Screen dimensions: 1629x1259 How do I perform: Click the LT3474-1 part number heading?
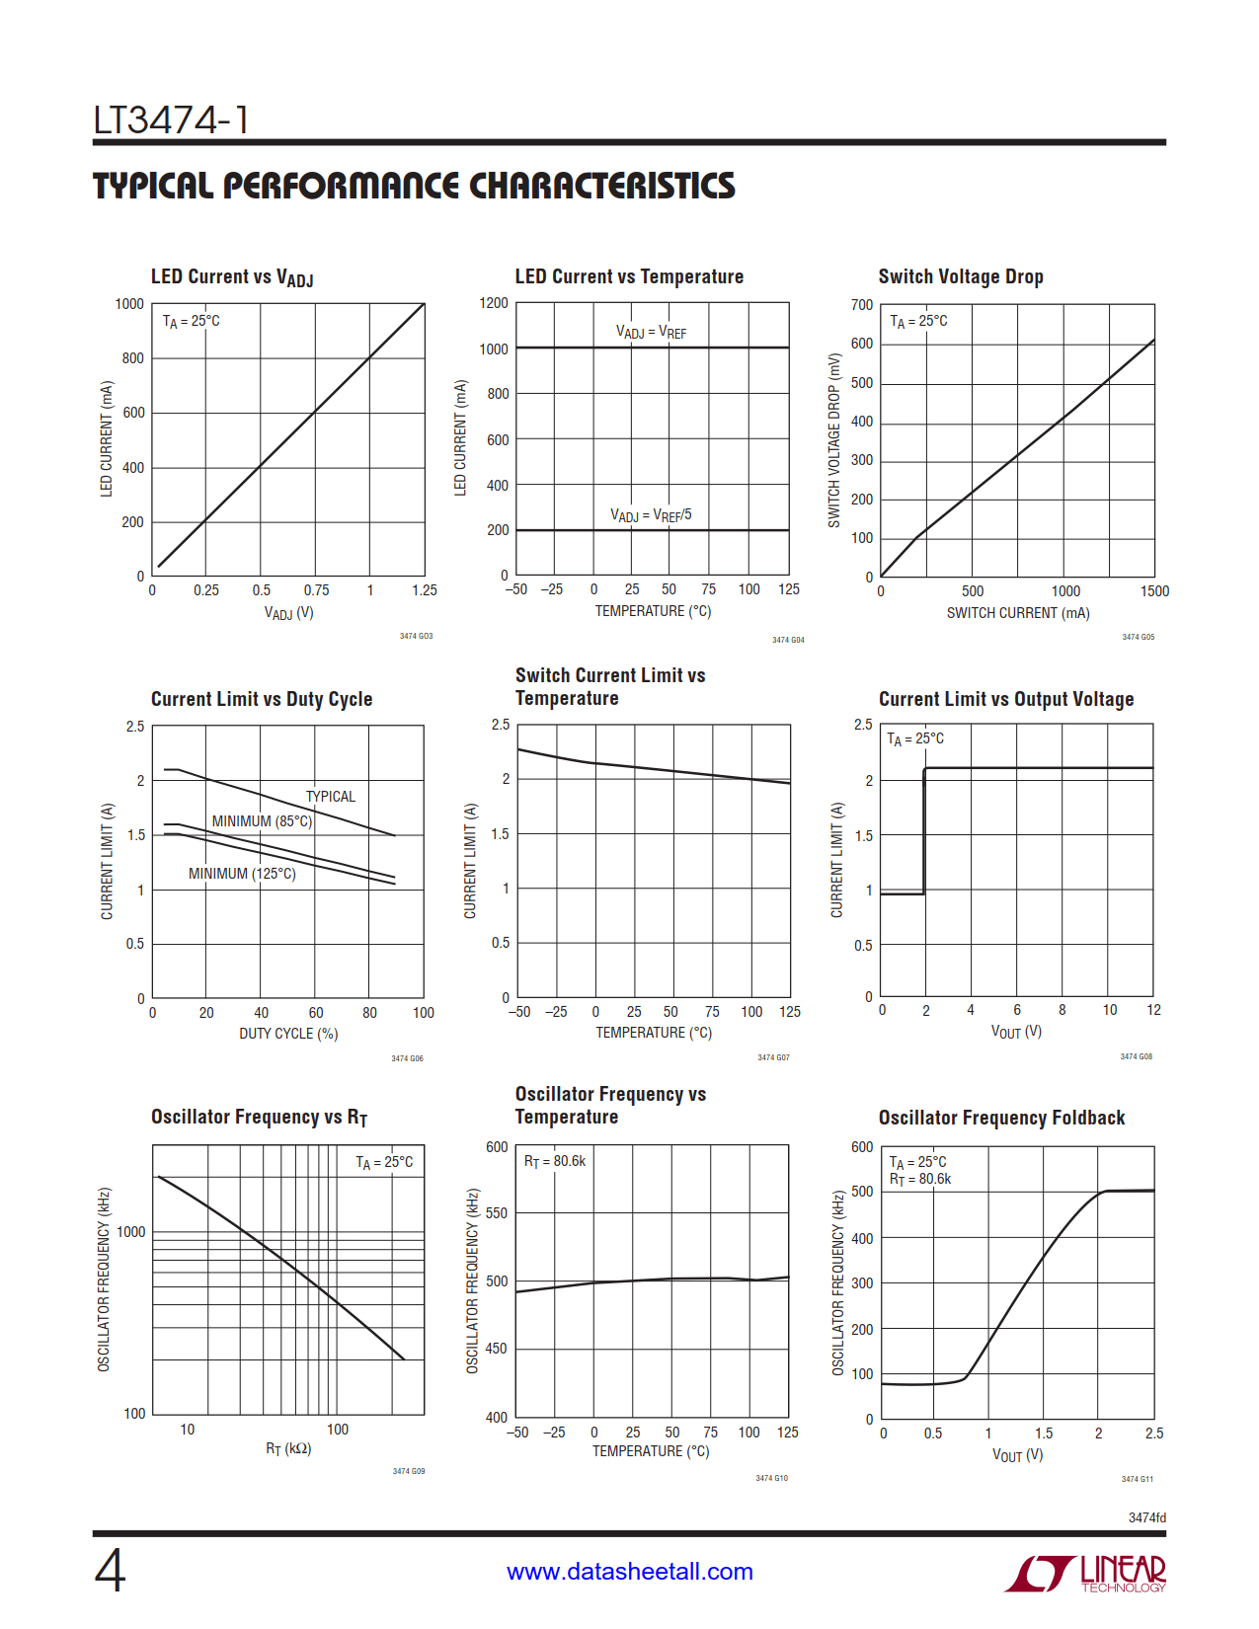tap(171, 120)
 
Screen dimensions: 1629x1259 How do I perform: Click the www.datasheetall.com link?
tap(629, 1571)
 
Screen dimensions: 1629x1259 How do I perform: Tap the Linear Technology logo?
tap(1085, 1573)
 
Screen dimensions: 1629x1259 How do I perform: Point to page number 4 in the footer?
tap(110, 1571)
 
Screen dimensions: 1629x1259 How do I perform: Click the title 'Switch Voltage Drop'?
tap(960, 276)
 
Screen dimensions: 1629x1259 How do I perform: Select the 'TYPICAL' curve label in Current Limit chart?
tap(330, 797)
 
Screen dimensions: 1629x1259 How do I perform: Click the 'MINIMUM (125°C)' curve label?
tap(242, 874)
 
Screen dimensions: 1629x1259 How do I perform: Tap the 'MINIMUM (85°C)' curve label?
tap(262, 821)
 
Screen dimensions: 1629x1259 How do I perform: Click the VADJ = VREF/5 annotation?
tap(651, 515)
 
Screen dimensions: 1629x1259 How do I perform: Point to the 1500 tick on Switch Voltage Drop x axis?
tap(1154, 591)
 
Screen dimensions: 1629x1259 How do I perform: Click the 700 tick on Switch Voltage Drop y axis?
tap(862, 305)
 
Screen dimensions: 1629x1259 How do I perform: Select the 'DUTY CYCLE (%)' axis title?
tap(288, 1034)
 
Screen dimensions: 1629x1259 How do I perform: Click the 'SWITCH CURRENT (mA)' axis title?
tap(1018, 613)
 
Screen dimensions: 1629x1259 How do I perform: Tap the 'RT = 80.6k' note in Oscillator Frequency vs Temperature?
tap(554, 1161)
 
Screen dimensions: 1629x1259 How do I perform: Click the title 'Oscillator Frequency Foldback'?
tap(1001, 1118)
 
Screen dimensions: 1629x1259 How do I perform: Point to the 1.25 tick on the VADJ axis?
tap(424, 590)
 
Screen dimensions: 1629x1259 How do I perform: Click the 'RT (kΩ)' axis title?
tap(288, 1448)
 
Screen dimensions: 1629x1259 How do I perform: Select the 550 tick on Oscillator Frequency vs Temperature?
tap(497, 1213)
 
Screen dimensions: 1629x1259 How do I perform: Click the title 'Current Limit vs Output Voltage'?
tap(1005, 699)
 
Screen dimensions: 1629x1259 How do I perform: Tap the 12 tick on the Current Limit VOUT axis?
tap(1153, 1010)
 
